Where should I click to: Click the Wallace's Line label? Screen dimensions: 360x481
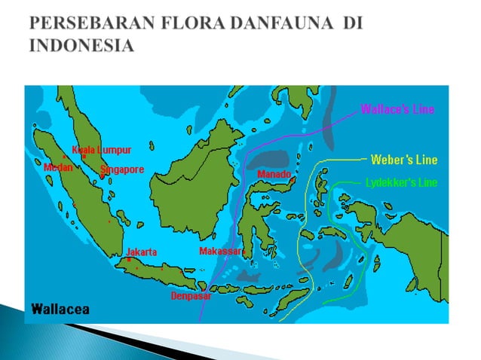(397, 109)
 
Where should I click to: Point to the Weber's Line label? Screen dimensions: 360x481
(404, 160)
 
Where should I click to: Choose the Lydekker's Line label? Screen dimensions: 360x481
(401, 182)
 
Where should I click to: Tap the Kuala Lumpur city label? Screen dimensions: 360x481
(102, 150)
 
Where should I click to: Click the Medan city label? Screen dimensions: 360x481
(59, 167)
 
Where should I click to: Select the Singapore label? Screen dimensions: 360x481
(122, 169)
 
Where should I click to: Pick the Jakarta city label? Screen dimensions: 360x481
(142, 252)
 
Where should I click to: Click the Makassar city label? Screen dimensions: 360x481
(221, 251)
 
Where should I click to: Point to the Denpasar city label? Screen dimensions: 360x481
(191, 295)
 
